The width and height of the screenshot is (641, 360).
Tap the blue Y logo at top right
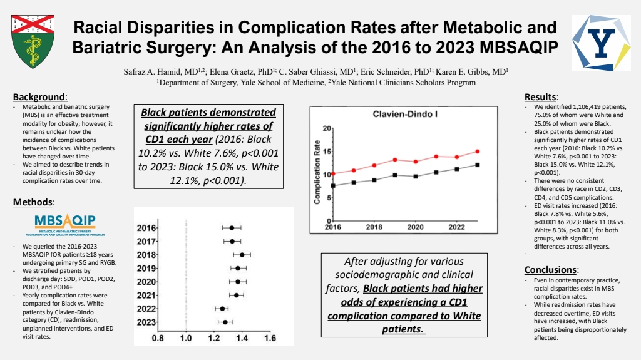tap(602, 43)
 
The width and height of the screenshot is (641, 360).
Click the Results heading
tap(541, 97)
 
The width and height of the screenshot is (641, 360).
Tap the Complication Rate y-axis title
tap(317, 172)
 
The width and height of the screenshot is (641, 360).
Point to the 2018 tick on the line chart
tap(374, 227)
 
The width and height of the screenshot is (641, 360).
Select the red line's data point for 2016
tap(333, 173)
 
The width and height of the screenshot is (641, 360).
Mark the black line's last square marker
tap(478, 165)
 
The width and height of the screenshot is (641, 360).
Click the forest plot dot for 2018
tap(242, 255)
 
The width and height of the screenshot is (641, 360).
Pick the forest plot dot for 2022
tap(222, 309)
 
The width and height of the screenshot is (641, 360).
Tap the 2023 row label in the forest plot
tap(146, 322)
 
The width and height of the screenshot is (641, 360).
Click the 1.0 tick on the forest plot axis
tap(185, 339)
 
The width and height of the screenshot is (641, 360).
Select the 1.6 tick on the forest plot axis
tap(270, 339)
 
